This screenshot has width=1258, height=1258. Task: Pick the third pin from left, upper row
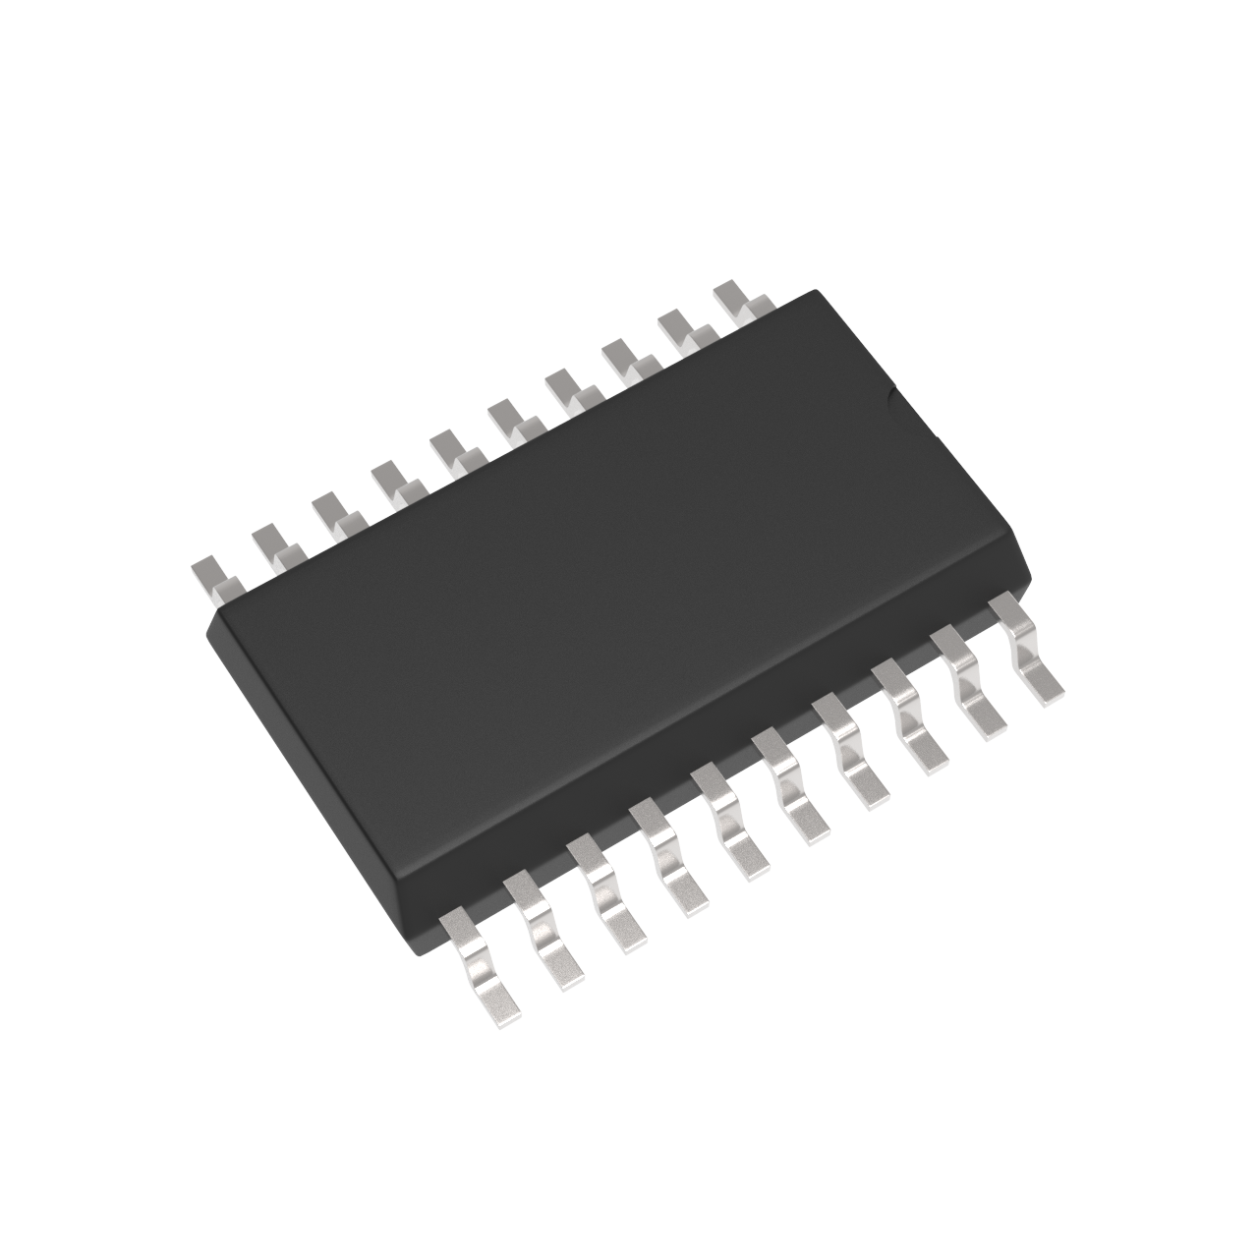[332, 512]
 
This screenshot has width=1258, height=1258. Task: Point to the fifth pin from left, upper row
[451, 450]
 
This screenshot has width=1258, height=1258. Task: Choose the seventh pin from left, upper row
[568, 387]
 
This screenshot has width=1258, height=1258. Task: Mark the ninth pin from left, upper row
[683, 328]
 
